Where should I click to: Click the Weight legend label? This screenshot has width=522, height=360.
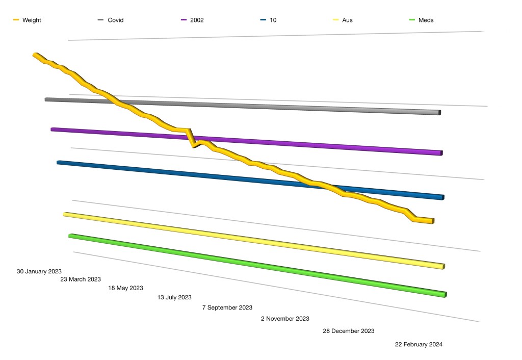click(32, 20)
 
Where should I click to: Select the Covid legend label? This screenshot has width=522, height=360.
click(116, 20)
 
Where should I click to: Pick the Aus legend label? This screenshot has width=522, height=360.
click(348, 20)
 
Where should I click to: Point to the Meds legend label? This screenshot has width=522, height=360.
click(426, 20)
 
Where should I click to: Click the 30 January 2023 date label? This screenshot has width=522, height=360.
click(39, 272)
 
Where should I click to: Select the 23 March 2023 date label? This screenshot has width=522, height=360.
click(81, 279)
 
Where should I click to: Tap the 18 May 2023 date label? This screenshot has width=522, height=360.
click(125, 288)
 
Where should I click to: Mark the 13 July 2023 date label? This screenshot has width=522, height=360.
click(174, 297)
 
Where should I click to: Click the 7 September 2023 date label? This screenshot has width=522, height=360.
click(227, 307)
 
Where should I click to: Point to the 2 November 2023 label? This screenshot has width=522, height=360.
click(285, 319)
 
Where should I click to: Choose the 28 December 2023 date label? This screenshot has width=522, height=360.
click(349, 331)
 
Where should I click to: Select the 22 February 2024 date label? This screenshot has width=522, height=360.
click(419, 344)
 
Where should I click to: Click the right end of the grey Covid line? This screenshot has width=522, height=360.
click(439, 112)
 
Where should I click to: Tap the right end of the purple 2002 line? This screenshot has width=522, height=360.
click(441, 152)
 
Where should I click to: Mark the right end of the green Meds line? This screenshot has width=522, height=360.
click(445, 295)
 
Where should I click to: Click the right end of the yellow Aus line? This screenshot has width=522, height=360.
click(443, 266)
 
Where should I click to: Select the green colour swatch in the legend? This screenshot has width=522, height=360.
click(412, 20)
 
